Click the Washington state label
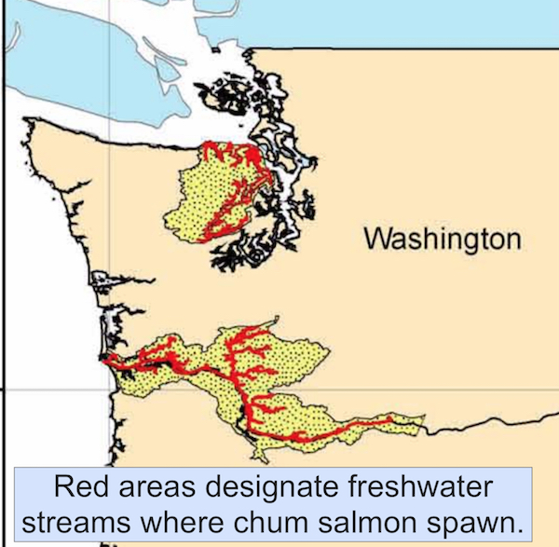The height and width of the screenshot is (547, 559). pos(442,239)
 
